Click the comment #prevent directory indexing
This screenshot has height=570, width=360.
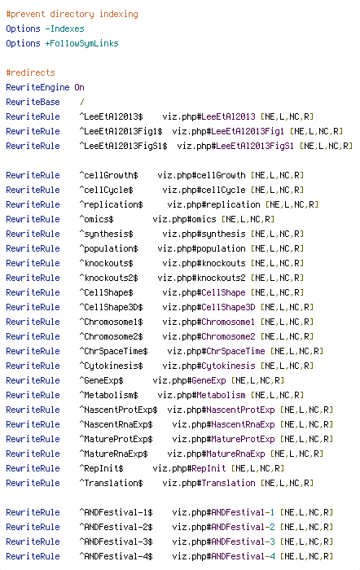tap(72, 14)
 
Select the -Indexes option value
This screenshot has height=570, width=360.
tap(64, 28)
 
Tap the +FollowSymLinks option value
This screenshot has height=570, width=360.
tap(81, 44)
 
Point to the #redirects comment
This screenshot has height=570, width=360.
tap(31, 72)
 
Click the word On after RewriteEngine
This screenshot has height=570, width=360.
tap(79, 87)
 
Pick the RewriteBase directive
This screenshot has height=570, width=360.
tap(33, 102)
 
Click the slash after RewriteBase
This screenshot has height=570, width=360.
tap(81, 102)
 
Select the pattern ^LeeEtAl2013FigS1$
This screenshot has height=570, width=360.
tap(123, 146)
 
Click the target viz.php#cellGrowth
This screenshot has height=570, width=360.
tap(201, 175)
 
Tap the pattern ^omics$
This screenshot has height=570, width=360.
tap(96, 219)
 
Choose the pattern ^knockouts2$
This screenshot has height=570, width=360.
tap(108, 278)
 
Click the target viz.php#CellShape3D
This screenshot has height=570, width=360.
tap(209, 307)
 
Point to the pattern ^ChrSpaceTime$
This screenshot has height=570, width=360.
tap(113, 351)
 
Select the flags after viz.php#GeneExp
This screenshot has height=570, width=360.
tap(257, 380)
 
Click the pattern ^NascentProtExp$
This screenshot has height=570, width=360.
tap(119, 410)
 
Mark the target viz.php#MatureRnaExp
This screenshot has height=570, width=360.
tap(216, 454)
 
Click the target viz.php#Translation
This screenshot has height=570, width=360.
tap(209, 483)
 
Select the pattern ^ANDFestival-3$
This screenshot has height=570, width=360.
tap(116, 541)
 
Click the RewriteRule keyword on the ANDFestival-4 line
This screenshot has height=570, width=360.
tap(33, 556)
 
